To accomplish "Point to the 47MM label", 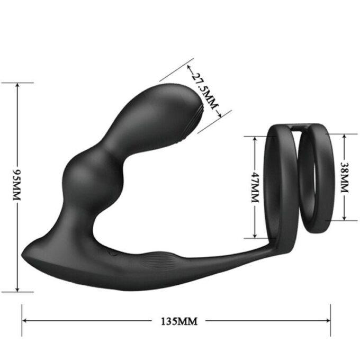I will click(254, 187).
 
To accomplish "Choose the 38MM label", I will click(345, 177).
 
